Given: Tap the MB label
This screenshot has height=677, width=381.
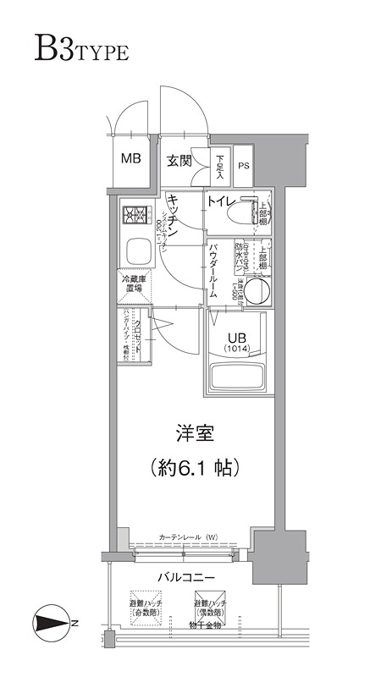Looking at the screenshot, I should (131, 158).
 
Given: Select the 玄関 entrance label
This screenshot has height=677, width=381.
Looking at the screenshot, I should (179, 159).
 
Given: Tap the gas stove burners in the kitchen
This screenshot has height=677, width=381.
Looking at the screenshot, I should (134, 217).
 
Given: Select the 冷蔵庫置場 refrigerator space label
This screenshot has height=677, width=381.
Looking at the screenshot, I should (135, 284).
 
